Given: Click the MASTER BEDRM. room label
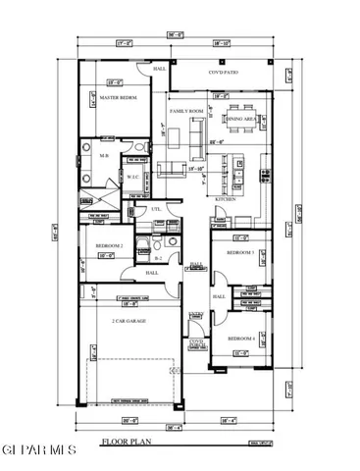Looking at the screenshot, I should (117, 99).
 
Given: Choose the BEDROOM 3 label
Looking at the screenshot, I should (240, 253).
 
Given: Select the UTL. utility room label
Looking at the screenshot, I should (155, 209).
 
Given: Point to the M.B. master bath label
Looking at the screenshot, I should (103, 155).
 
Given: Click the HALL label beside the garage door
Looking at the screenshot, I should (152, 273).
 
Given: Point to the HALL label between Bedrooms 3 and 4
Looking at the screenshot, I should (220, 295).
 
